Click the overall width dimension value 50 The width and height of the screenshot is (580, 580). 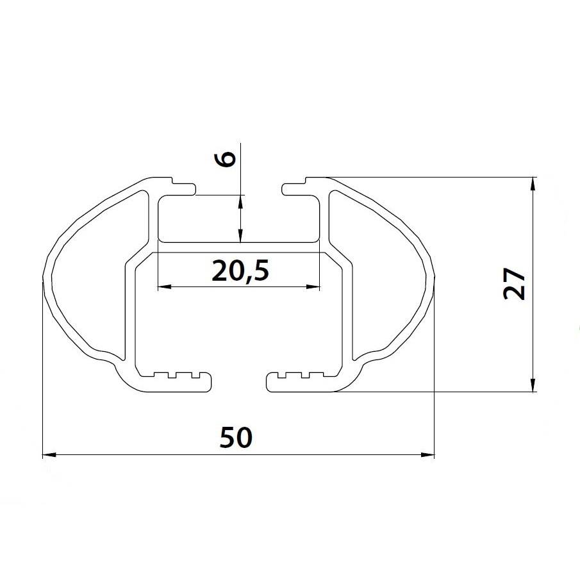pyautogui.click(x=236, y=438)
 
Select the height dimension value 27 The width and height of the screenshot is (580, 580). pyautogui.click(x=515, y=284)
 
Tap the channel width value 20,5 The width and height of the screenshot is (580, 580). pyautogui.click(x=238, y=272)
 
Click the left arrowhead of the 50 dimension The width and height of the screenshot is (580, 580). pyautogui.click(x=47, y=455)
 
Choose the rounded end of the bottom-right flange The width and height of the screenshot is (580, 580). pyautogui.click(x=270, y=382)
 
